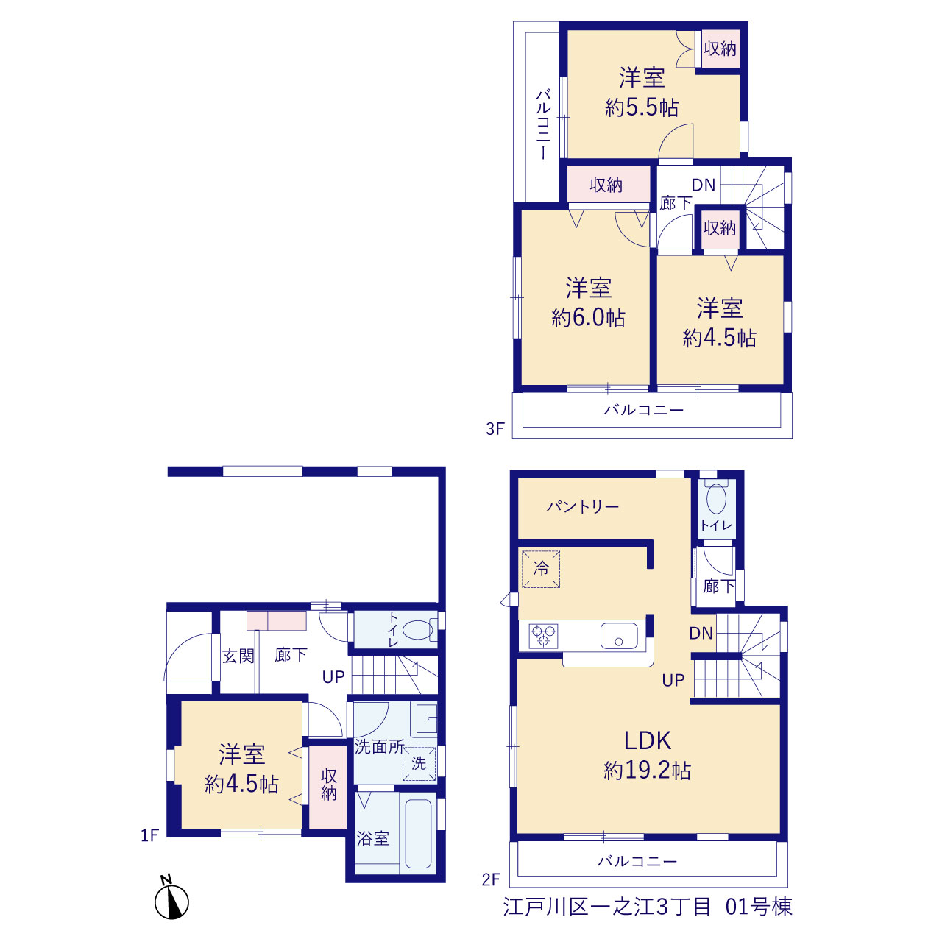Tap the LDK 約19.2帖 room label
647,755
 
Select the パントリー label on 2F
583,506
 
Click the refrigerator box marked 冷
541,569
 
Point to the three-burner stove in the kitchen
544,636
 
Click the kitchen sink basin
619,636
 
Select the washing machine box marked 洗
419,764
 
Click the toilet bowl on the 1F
419,630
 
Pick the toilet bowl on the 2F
716,498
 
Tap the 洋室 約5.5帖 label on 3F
642,93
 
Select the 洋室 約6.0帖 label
589,302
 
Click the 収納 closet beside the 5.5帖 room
720,49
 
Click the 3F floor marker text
495,429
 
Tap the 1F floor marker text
150,835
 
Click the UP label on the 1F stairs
333,676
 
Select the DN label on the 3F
704,185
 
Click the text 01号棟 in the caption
759,907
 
